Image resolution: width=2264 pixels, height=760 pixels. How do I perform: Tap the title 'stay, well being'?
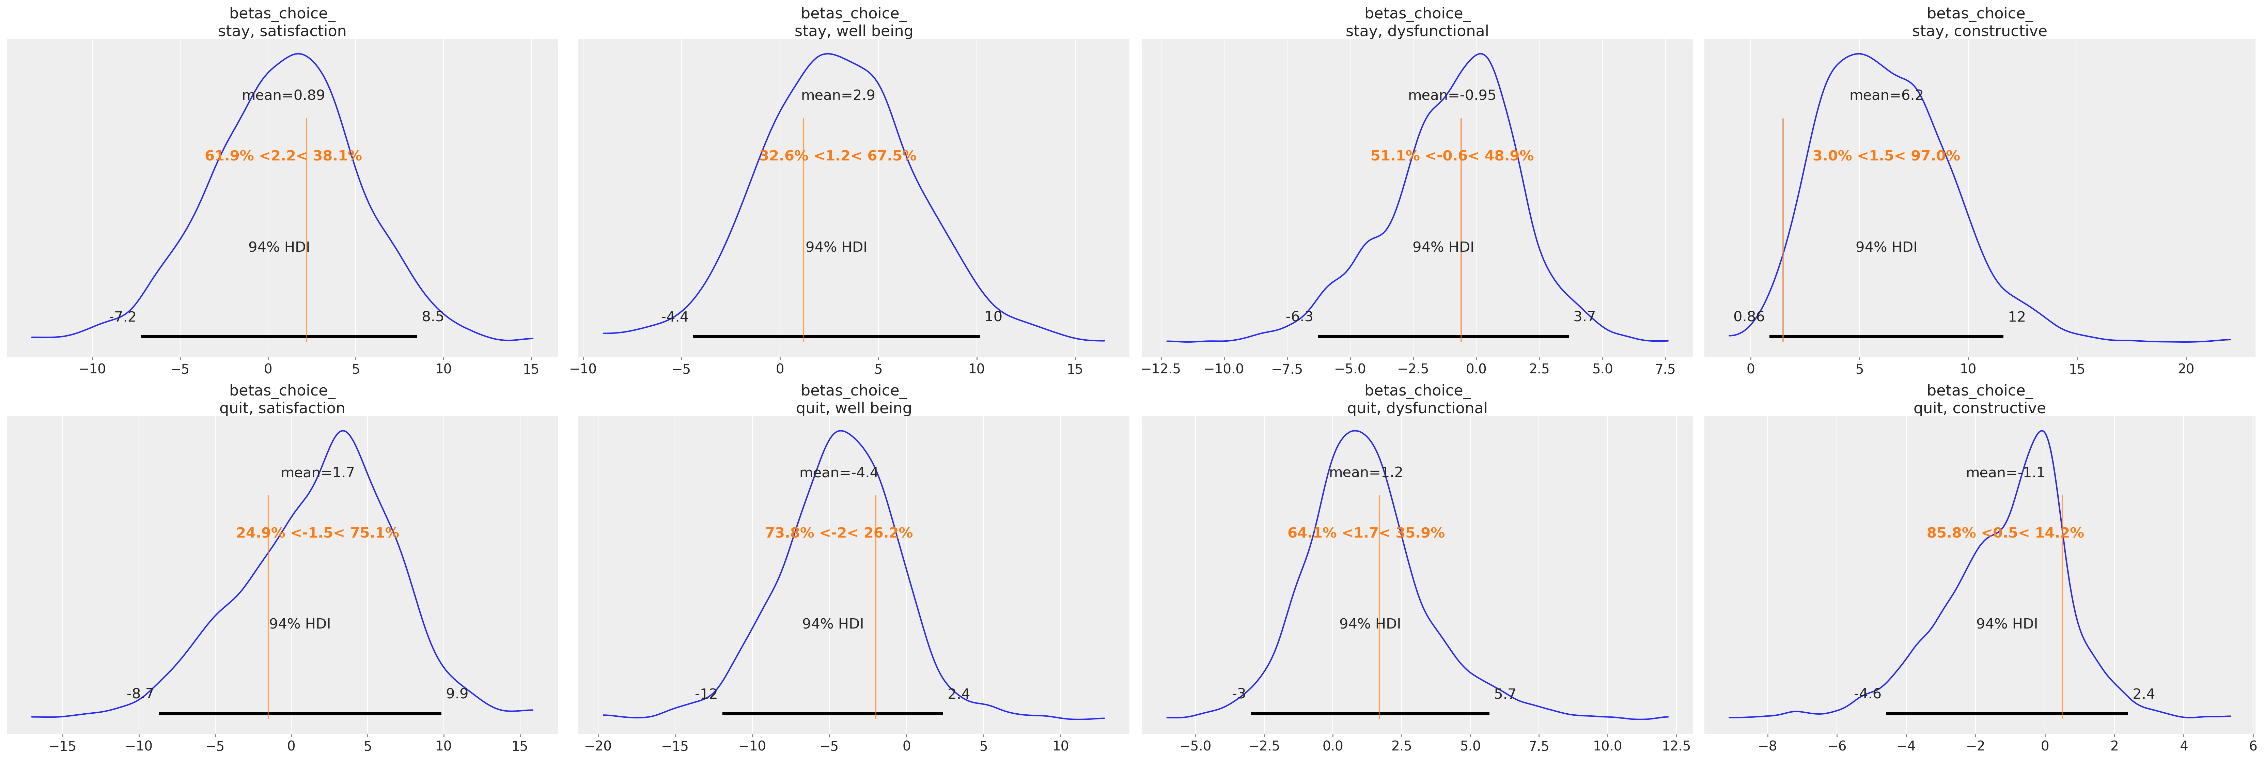854,31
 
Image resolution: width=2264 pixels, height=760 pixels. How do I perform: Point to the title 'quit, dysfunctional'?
1417,408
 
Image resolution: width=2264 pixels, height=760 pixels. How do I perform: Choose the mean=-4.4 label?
839,473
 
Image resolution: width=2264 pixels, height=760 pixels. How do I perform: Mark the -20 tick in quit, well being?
598,746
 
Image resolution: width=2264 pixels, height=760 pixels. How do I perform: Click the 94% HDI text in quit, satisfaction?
300,624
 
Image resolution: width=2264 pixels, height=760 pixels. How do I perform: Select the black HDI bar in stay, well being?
836,336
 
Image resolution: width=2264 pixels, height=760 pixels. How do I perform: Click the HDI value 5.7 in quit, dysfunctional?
1505,694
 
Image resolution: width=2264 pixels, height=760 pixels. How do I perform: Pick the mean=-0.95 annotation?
1451,95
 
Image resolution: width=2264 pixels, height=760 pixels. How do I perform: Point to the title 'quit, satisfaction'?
282,408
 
